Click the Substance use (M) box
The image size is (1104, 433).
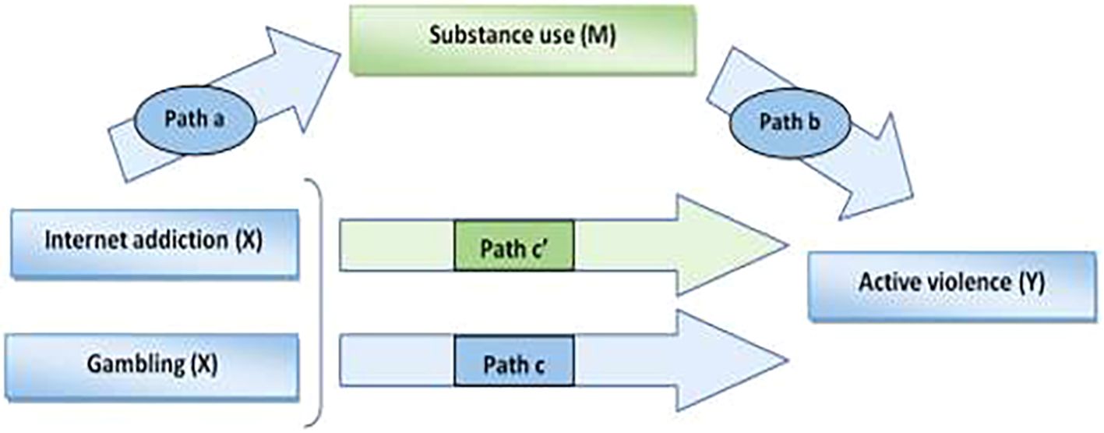[x=521, y=39]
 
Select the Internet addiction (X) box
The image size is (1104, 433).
[x=154, y=242]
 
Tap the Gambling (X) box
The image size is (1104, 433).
[x=154, y=364]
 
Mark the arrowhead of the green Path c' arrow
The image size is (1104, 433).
[x=728, y=245]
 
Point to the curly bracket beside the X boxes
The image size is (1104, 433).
[x=318, y=304]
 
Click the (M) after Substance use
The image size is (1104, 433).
[x=595, y=37]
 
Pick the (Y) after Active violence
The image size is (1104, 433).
[x=1032, y=282]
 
